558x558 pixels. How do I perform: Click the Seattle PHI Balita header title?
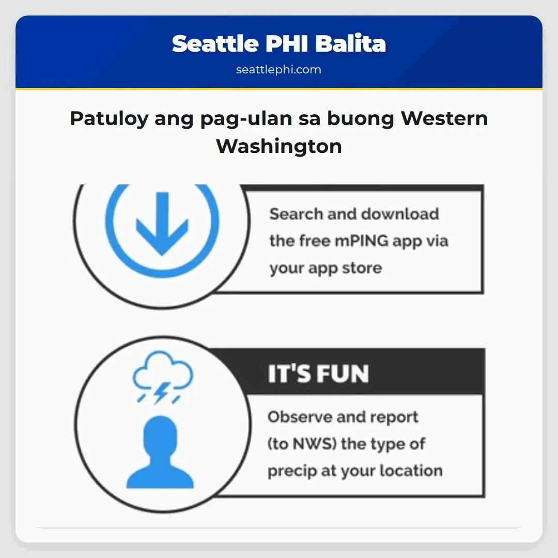[279, 44]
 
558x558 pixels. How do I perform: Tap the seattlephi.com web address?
[278, 70]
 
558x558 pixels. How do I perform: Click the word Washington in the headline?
[279, 146]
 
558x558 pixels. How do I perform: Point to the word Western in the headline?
[444, 119]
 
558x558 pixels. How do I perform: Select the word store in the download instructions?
[360, 268]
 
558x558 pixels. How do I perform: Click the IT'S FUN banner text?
[318, 374]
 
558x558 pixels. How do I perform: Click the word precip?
[293, 471]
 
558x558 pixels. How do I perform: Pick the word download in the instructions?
[400, 214]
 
